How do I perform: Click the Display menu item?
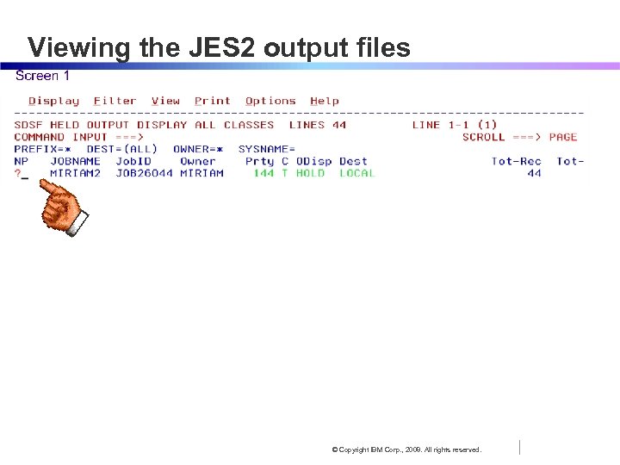53,101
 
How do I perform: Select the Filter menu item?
115,101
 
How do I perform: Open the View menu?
165,101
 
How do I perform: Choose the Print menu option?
212,101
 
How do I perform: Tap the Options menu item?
270,101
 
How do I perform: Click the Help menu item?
325,101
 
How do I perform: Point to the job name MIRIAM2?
75,173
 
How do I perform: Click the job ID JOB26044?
144,173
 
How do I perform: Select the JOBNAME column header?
75,161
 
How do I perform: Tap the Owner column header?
197,161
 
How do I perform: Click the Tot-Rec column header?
516,161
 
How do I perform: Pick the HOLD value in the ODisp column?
310,173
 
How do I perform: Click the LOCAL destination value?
356,173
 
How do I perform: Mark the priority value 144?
263,173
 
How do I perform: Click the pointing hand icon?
65,211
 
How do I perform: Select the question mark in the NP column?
17,173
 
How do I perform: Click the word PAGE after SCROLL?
562,137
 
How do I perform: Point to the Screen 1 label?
43,76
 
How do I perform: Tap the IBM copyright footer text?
407,449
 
